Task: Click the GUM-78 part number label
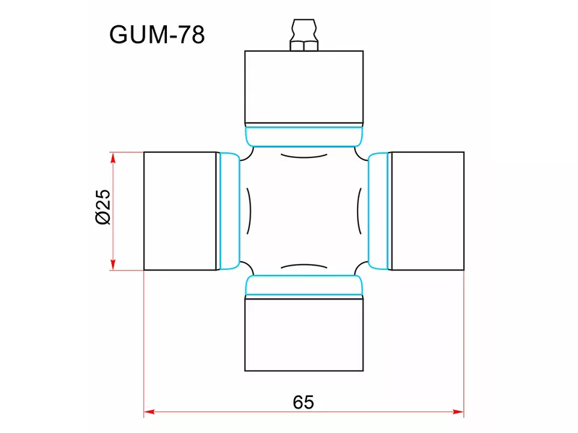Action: click(157, 35)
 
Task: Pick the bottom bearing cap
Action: click(304, 334)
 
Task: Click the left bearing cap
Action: click(181, 211)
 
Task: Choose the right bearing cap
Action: click(427, 211)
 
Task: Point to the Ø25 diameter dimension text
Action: click(102, 207)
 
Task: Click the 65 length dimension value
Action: click(304, 401)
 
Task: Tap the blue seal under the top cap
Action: click(304, 136)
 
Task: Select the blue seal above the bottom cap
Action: click(304, 287)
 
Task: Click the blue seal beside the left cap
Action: click(230, 211)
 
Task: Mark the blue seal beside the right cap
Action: click(379, 211)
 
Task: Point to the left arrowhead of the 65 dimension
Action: click(149, 413)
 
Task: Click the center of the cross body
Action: click(304, 211)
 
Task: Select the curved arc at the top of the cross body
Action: click(303, 157)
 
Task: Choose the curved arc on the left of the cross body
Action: click(249, 211)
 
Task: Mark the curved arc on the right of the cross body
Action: click(359, 211)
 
